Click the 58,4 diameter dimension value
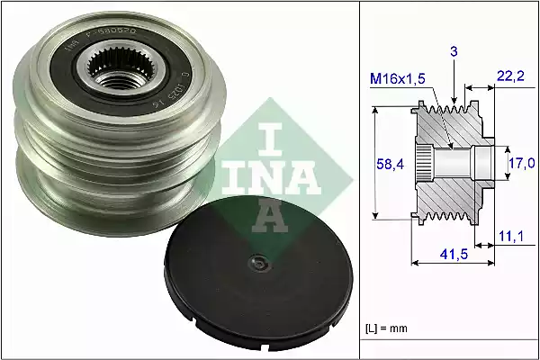[388, 163]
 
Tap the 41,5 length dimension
[451, 255]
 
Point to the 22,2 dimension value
[510, 80]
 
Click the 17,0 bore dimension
[523, 163]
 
